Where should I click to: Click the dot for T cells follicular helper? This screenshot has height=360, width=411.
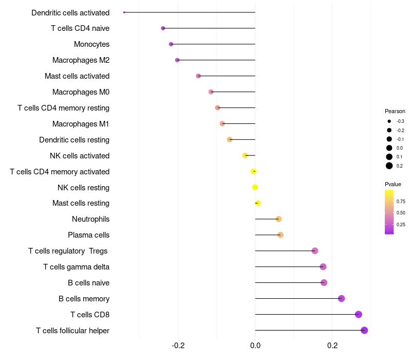pyautogui.click(x=364, y=330)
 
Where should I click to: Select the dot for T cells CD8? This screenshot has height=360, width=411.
pyautogui.click(x=359, y=314)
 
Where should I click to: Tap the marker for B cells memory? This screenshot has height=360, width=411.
pyautogui.click(x=341, y=298)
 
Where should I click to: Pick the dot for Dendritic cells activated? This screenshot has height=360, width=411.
pyautogui.click(x=124, y=12)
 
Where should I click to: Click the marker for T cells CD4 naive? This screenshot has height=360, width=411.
pyautogui.click(x=163, y=28)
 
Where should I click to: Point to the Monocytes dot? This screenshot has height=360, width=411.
pyautogui.click(x=171, y=44)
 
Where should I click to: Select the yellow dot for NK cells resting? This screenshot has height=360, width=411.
pyautogui.click(x=255, y=187)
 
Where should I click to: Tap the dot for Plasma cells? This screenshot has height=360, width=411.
pyautogui.click(x=281, y=235)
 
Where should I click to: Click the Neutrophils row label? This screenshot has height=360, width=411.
pyautogui.click(x=90, y=219)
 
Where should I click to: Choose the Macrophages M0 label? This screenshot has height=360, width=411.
pyautogui.click(x=81, y=92)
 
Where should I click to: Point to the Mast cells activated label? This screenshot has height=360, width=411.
pyautogui.click(x=77, y=76)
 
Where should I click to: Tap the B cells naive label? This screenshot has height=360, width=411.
pyautogui.click(x=88, y=283)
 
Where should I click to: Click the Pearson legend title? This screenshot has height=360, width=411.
pyautogui.click(x=395, y=111)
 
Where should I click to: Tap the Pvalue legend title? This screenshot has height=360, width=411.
pyautogui.click(x=393, y=184)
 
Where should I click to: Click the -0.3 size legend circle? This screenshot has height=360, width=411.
pyautogui.click(x=389, y=121)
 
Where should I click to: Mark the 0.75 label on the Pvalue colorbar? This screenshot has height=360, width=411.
pyautogui.click(x=401, y=201)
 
